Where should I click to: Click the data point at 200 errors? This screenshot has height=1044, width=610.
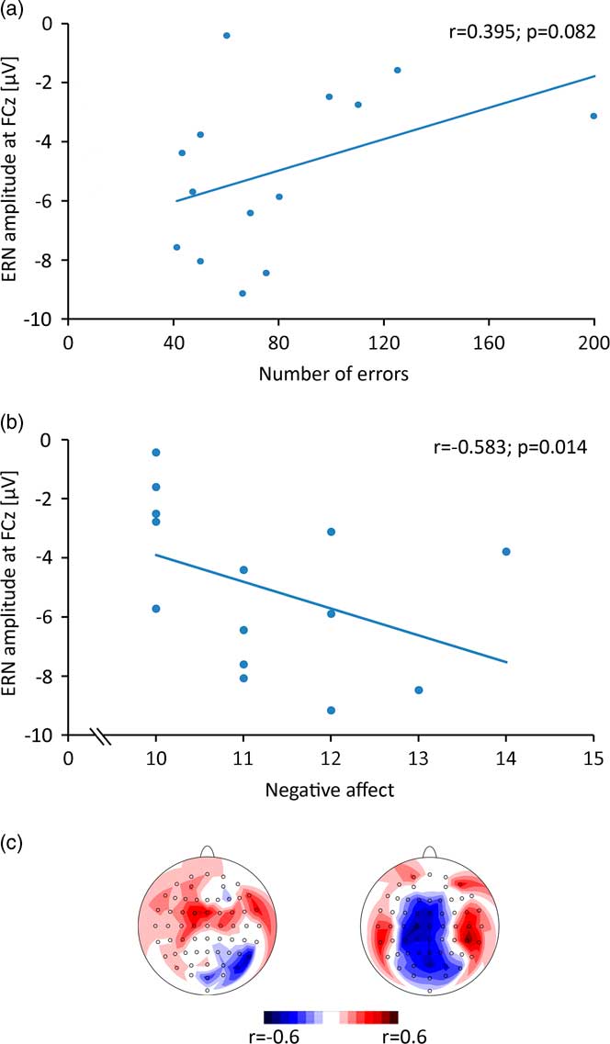coord(593,116)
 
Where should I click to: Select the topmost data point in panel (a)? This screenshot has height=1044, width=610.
coord(226,36)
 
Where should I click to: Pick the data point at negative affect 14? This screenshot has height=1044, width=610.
coord(506,551)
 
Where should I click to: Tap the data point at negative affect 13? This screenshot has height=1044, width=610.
coord(419,690)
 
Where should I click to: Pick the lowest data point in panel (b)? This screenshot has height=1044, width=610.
coord(331,710)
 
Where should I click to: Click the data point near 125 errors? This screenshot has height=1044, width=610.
coord(397,70)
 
